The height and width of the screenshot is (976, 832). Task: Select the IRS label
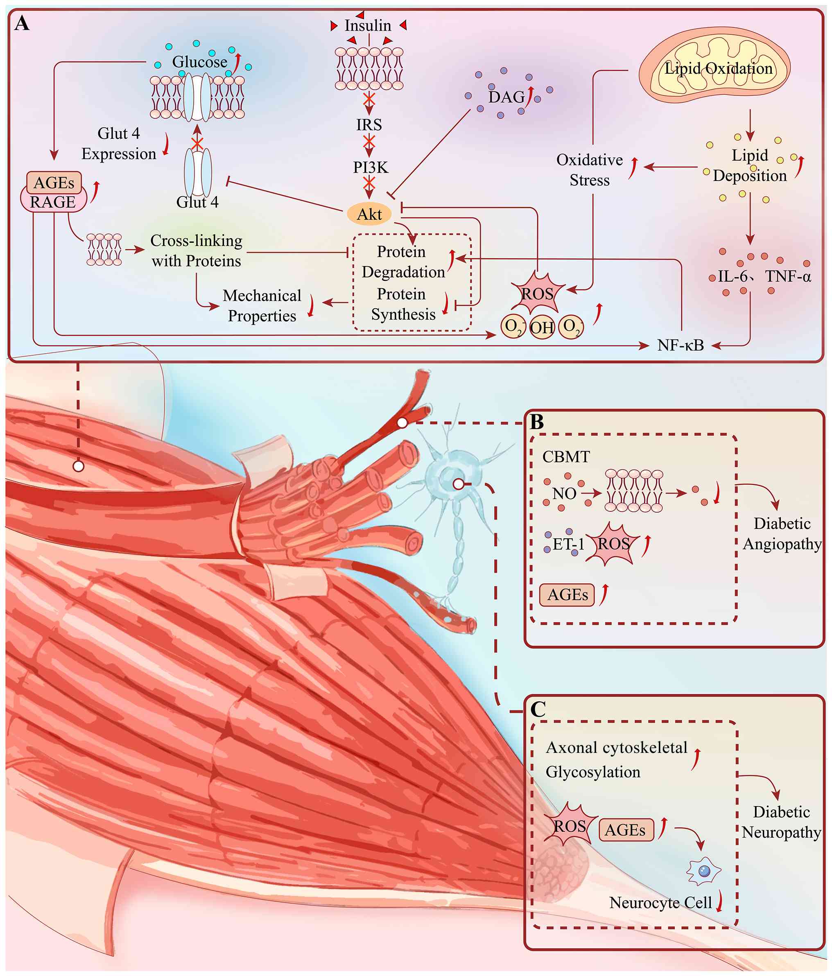click(x=369, y=125)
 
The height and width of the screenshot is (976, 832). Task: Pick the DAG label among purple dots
click(x=506, y=97)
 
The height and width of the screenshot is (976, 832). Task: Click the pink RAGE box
click(x=53, y=201)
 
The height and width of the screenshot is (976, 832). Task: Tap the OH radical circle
click(x=542, y=328)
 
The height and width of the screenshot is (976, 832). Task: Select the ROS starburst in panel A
click(x=538, y=293)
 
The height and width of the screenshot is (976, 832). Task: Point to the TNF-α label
click(x=788, y=276)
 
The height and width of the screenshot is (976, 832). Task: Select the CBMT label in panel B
click(x=566, y=456)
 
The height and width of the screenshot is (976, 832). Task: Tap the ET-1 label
click(x=568, y=544)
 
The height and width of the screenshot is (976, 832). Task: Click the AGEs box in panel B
click(x=567, y=594)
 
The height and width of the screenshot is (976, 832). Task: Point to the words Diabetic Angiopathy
click(x=782, y=534)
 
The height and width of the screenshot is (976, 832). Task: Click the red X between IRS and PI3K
click(x=369, y=141)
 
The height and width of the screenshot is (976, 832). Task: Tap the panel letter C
click(x=538, y=709)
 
